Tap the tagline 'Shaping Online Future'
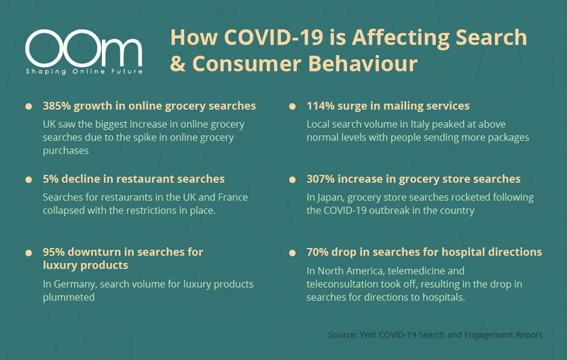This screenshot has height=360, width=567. coord(84,71)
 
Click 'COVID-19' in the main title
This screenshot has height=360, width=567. coord(274,37)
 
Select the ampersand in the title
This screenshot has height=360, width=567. coord(177,64)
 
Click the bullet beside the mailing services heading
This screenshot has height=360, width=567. coord(292,107)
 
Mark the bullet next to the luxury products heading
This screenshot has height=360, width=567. coord(29,253)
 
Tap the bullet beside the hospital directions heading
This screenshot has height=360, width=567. coord(292,253)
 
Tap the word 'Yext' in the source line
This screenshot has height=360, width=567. coord(368,335)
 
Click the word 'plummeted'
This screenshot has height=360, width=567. coord(69,298)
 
